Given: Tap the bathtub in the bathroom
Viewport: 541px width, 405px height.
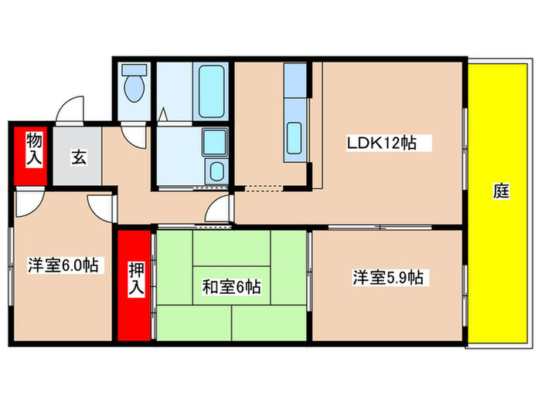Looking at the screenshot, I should pyautogui.click(x=210, y=92).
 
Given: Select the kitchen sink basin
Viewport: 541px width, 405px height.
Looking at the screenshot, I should pyautogui.click(x=294, y=137).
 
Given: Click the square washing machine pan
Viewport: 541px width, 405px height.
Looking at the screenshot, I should pyautogui.click(x=213, y=142).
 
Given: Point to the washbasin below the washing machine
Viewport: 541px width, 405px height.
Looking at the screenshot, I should pyautogui.click(x=216, y=170).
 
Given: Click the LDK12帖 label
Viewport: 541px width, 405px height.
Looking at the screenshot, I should pyautogui.click(x=382, y=143).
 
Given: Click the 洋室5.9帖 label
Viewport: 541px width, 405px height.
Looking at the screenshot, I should pyautogui.click(x=388, y=276).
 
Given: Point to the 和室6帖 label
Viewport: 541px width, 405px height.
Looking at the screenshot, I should pyautogui.click(x=231, y=288).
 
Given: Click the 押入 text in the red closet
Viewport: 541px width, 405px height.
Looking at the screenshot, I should pyautogui.click(x=136, y=278).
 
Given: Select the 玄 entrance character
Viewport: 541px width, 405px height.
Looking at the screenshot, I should pyautogui.click(x=80, y=157).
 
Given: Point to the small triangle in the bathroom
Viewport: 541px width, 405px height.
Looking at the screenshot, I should pyautogui.click(x=164, y=113).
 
